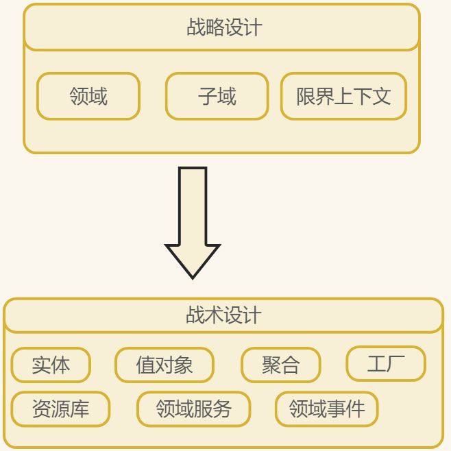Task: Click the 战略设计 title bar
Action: pos(221,27)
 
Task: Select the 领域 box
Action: pos(88,96)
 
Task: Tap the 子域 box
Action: pos(217,96)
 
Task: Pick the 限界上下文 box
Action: pos(343,96)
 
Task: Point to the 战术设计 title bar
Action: pos(223,315)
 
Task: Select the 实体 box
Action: pos(51,365)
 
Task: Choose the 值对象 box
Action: pos(164,365)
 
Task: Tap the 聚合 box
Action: pos(280,365)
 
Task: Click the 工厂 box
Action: pos(386,364)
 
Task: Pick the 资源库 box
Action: pos(60,409)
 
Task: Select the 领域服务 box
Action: pos(194,409)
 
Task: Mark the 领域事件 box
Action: pos(326,409)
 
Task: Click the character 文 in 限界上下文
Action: pos(382,96)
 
